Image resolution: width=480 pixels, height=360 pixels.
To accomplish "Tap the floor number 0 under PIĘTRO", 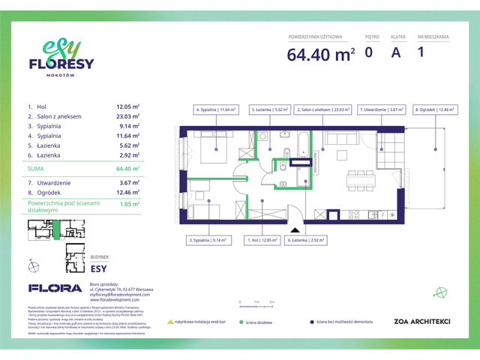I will tap(368, 52).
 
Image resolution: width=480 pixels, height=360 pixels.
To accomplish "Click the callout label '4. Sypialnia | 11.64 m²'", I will tap(216, 109).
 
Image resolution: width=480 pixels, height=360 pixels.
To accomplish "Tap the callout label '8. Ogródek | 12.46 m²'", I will tap(434, 109).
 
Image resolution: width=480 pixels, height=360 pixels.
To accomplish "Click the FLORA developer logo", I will tap(55, 287).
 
